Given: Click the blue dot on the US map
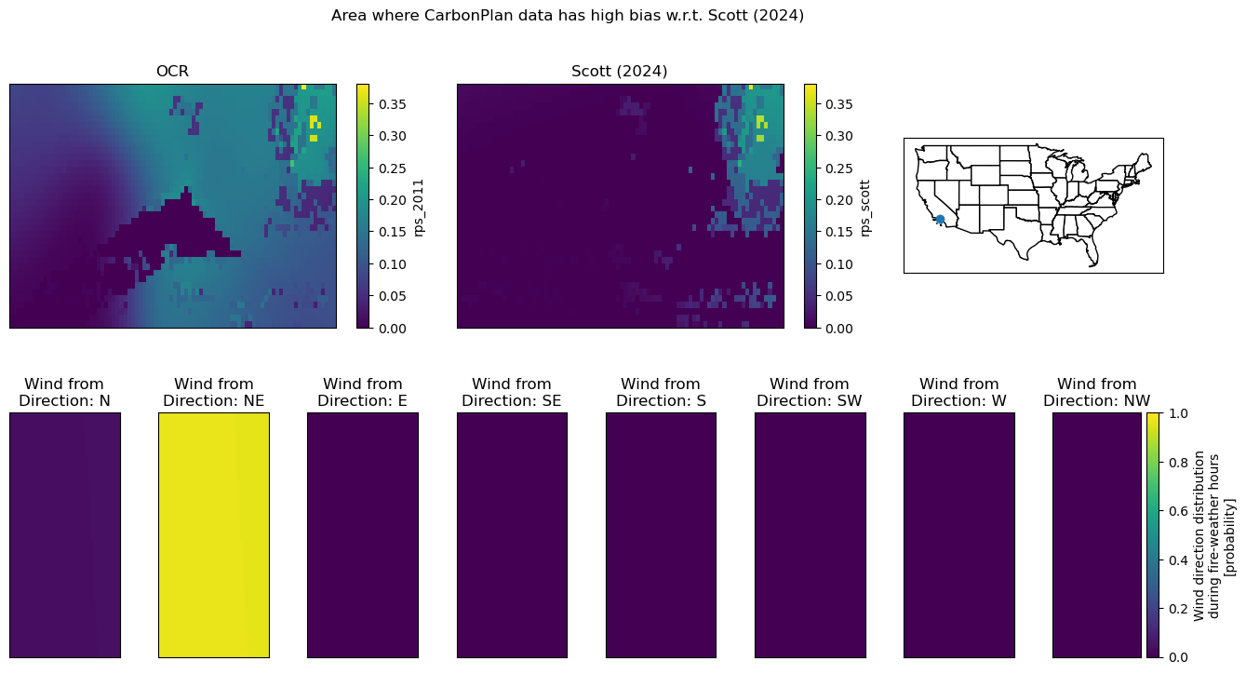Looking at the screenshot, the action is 940,220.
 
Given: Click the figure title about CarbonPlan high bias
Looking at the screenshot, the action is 568,16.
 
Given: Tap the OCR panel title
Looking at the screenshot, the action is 172,72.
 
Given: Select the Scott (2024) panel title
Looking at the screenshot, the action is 619,72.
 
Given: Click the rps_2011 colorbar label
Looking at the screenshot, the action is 419,208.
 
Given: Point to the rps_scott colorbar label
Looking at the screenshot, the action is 865,208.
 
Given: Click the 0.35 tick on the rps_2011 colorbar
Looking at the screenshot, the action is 392,104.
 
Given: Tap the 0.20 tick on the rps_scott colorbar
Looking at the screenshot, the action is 838,200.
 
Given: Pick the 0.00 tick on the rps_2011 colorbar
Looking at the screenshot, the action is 392,329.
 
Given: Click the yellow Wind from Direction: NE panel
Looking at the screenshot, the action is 214,535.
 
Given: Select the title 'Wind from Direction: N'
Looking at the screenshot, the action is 64,392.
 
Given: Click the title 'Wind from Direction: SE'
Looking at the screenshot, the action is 511,392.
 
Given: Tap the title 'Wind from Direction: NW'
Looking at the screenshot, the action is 1096,392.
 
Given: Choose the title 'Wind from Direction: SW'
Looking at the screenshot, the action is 810,392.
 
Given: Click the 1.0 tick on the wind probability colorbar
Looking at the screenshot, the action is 1178,413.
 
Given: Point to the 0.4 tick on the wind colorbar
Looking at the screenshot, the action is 1178,559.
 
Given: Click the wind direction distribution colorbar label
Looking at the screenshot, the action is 1213,535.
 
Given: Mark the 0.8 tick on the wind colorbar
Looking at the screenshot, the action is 1178,463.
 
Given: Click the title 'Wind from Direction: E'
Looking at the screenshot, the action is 363,392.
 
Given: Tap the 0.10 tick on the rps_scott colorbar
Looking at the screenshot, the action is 838,264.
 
